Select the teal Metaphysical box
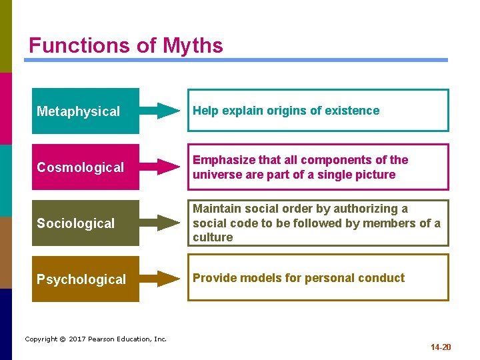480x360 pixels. pos(85,111)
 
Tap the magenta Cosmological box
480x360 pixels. pos(85,167)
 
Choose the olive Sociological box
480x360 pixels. pos(85,223)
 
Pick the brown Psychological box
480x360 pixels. pos(85,279)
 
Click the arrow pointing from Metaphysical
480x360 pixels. pos(160,111)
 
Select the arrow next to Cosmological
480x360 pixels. pos(160,167)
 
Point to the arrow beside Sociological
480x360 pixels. pos(160,223)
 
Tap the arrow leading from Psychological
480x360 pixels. pos(160,279)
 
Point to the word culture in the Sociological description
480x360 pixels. pos(213,237)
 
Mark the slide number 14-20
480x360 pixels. pos(441,347)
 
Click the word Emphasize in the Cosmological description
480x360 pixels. pos(221,160)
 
